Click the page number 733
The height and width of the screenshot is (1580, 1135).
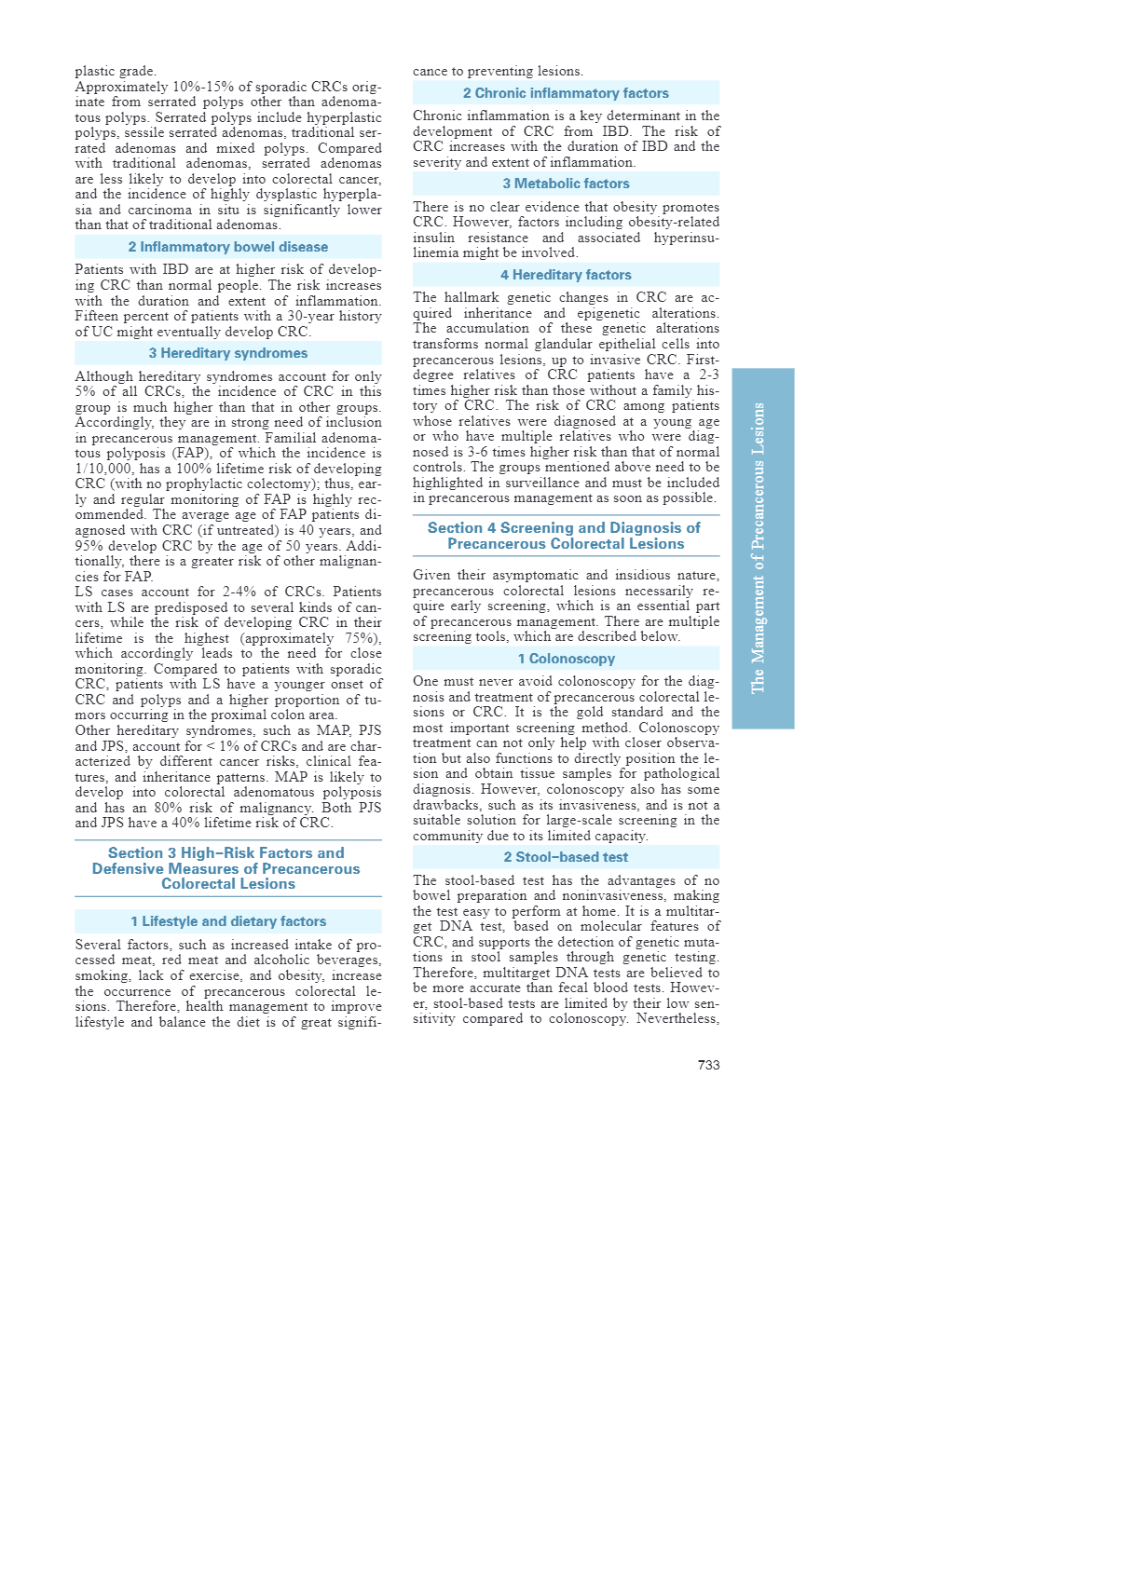coord(708,1065)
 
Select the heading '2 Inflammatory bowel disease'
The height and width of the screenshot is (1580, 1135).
coord(228,247)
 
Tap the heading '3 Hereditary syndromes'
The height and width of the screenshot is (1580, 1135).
coord(228,353)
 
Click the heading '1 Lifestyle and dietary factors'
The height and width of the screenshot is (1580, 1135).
coord(228,921)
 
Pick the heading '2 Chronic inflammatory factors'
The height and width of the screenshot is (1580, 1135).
coord(566,93)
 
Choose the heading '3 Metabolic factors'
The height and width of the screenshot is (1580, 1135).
coord(566,184)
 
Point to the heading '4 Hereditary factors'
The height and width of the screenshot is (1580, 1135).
coord(566,275)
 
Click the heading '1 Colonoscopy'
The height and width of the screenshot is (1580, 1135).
coord(566,659)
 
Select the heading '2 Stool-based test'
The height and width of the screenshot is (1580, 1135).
coord(566,857)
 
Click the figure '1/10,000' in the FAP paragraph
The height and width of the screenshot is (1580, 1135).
coord(103,469)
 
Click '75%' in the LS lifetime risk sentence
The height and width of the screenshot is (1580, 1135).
coord(357,638)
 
